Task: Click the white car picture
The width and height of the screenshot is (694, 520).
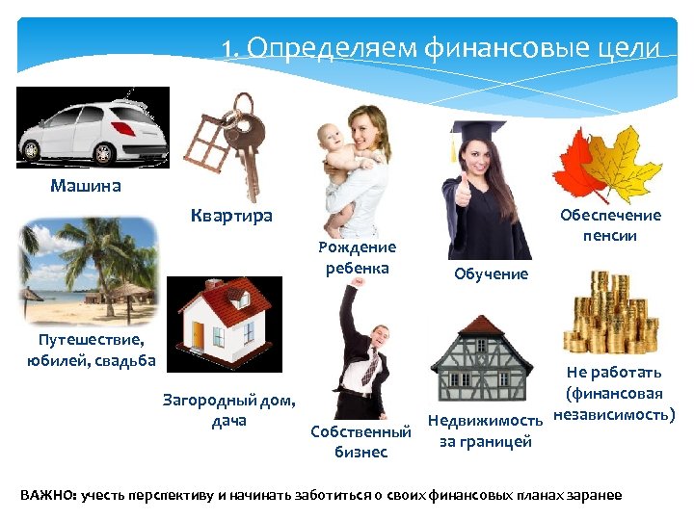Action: tap(93, 126)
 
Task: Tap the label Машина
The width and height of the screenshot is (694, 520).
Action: tap(86, 186)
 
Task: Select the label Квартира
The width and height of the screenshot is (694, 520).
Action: tap(231, 216)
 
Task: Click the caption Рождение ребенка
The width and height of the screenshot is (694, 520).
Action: tap(357, 258)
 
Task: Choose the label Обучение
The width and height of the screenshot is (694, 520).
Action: tap(492, 274)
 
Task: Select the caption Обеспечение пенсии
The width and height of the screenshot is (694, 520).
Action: tap(610, 225)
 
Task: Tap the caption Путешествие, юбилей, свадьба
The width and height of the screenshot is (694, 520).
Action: tap(92, 351)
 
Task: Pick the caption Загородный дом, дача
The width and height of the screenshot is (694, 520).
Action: tap(229, 410)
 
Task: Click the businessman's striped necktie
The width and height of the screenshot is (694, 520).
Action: tap(369, 365)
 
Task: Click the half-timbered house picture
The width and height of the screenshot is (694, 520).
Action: tap(479, 357)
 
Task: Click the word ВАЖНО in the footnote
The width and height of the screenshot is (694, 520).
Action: tap(46, 495)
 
